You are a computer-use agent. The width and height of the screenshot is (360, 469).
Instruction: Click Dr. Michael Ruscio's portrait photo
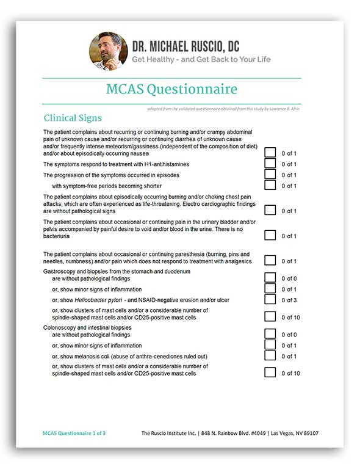(x=109, y=51)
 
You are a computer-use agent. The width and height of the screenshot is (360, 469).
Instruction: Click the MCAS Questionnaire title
(x=171, y=90)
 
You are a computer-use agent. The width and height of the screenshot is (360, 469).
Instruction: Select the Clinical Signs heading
(x=73, y=118)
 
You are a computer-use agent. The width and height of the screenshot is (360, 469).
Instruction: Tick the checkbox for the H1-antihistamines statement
(x=270, y=164)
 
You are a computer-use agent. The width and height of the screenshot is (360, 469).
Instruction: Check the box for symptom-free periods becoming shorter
(x=270, y=186)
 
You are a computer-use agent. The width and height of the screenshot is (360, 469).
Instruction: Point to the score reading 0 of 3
(x=289, y=300)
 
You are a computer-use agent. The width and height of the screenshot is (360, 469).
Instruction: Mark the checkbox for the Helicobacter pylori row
(x=270, y=300)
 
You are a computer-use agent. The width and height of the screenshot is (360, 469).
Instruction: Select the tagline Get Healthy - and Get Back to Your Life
(x=201, y=59)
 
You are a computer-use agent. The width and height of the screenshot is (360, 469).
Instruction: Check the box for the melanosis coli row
(x=270, y=356)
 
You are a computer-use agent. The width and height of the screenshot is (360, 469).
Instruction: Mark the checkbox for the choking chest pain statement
(x=270, y=211)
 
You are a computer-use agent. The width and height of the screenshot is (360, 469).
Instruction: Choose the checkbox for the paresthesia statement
(x=270, y=261)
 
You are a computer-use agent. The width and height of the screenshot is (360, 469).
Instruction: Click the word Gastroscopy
(x=60, y=271)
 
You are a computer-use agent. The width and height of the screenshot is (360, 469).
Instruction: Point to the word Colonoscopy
(x=60, y=327)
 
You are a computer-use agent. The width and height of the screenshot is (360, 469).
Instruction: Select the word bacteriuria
(x=56, y=236)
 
